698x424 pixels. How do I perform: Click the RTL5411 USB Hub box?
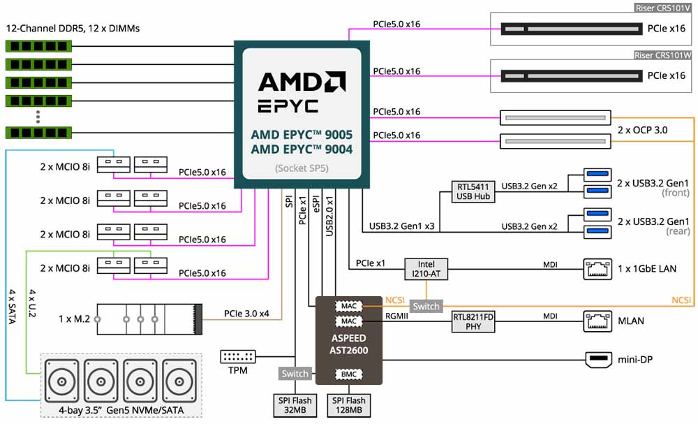[473, 191]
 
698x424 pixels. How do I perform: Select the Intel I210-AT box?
[426, 269]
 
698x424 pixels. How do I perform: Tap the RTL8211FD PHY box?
[473, 321]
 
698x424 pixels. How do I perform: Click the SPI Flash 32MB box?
[295, 405]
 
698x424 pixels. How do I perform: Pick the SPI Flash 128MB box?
[348, 405]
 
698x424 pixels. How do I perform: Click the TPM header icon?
[238, 356]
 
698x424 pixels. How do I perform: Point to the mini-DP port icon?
[598, 359]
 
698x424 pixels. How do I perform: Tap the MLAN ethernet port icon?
[597, 321]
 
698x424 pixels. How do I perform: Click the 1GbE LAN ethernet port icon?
[597, 269]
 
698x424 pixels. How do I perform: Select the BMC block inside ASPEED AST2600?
[348, 374]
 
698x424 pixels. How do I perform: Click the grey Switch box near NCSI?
[426, 306]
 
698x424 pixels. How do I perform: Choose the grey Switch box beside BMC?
[295, 373]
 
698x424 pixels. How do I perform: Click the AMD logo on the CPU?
[302, 82]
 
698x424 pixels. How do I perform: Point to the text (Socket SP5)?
[302, 168]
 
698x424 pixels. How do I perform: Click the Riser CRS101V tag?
[663, 8]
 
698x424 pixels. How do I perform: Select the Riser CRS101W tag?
[663, 54]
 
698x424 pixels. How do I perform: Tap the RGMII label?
[396, 316]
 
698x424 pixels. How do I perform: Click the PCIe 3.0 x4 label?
[246, 314]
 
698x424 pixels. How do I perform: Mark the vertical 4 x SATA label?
[12, 307]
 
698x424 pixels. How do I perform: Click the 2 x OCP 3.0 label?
[642, 130]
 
